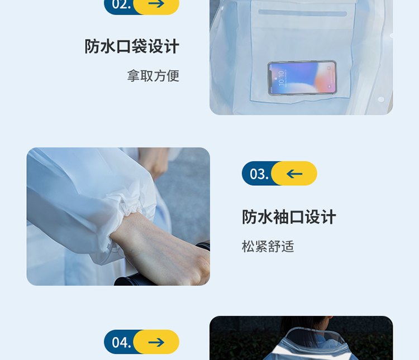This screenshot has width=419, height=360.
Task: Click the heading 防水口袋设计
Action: coord(132,46)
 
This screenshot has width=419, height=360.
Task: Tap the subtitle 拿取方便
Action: coord(153,76)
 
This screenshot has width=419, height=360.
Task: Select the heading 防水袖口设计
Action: coord(289,217)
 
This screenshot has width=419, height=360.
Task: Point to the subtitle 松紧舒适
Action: coord(268,246)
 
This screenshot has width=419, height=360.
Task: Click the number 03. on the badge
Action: coord(259,174)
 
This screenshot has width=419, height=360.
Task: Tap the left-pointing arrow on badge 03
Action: coord(294,174)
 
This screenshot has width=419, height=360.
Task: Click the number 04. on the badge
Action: coord(121,342)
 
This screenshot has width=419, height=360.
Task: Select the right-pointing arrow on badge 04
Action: coord(156,342)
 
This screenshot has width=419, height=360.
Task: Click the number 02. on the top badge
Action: coord(121,4)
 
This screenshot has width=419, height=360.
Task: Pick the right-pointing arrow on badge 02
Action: coord(156,3)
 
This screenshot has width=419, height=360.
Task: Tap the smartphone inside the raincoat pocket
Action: coord(302,78)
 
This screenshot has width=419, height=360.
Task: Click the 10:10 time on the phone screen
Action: coord(281,78)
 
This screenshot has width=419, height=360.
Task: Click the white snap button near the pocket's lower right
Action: coord(381,99)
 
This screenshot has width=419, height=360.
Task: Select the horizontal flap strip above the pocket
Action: coord(302,13)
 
